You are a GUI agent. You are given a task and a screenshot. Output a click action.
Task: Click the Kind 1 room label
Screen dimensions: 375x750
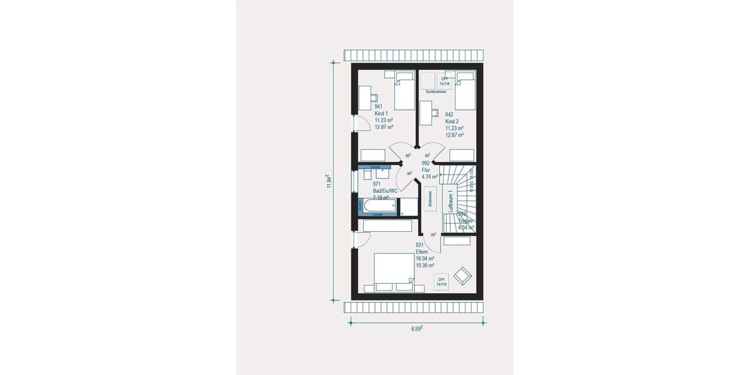[381, 113]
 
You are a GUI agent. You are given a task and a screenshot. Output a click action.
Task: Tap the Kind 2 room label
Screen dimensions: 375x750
[451, 121]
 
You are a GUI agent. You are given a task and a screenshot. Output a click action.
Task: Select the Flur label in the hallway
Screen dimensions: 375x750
[426, 169]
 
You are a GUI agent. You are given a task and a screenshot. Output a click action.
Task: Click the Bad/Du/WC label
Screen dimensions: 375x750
[386, 191]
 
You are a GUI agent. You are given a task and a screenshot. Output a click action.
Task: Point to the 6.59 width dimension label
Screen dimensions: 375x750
[417, 328]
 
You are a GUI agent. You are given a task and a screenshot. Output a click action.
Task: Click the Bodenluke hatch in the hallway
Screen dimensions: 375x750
[430, 198]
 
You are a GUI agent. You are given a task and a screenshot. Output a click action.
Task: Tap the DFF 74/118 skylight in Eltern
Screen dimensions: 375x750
[442, 282]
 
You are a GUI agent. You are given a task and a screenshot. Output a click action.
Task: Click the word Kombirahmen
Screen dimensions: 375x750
[444, 92]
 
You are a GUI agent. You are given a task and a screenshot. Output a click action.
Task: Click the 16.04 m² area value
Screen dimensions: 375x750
[424, 258]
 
